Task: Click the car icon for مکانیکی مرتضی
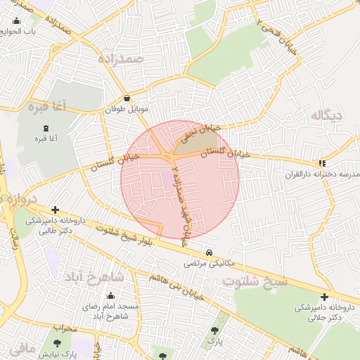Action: [x=209, y=252]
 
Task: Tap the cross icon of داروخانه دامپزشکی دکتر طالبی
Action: [x=56, y=210]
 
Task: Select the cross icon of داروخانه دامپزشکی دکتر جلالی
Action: [x=323, y=297]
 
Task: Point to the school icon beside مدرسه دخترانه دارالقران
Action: [x=322, y=162]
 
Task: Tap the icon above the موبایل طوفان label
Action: [x=127, y=99]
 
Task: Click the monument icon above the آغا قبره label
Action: [x=46, y=128]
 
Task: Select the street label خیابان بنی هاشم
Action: [x=175, y=287]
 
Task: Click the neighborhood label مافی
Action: [x=21, y=347]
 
